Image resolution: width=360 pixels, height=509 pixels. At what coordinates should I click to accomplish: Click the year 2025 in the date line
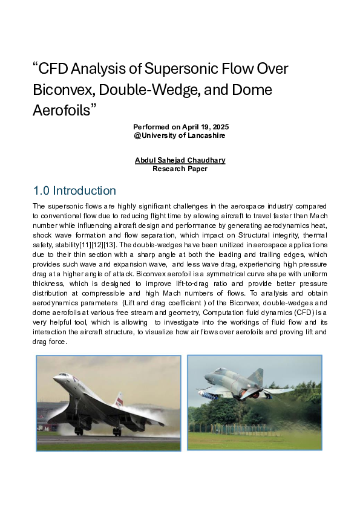click(218, 127)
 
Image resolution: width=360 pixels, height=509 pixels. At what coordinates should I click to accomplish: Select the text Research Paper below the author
click(180, 169)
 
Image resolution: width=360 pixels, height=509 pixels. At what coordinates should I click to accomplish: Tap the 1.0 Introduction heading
click(74, 191)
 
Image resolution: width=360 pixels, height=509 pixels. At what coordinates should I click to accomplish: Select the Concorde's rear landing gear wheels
click(116, 431)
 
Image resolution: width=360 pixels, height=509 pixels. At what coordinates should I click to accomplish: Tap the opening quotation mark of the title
click(35, 65)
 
